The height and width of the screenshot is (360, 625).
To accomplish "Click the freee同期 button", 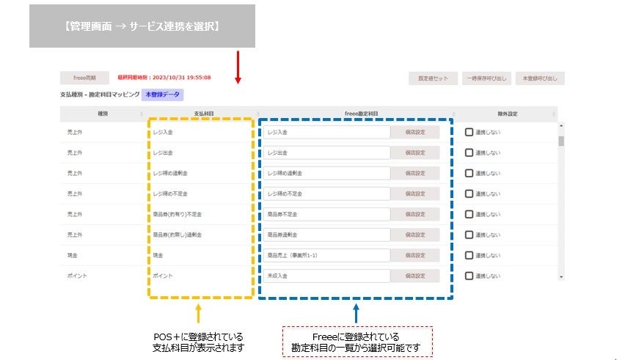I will (84, 78).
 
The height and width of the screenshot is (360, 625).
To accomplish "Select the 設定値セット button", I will (433, 78).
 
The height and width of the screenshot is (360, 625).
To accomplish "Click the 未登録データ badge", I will (163, 95).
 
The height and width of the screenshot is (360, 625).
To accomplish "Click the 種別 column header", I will (102, 114).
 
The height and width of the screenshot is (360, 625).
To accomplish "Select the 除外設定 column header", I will (507, 114).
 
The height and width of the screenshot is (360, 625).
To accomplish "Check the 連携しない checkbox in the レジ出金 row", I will (469, 153).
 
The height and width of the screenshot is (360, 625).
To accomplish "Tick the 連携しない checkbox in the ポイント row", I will (469, 276).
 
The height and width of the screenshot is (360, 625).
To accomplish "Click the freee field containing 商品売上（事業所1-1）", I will (327, 255).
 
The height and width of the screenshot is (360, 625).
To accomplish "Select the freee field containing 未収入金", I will (327, 276).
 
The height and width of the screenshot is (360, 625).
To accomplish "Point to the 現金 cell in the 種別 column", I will (72, 255).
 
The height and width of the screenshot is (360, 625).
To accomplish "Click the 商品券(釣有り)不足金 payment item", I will (178, 214).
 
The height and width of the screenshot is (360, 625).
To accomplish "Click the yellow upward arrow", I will (199, 313).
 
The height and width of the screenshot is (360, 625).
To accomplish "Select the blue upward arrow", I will (356, 313).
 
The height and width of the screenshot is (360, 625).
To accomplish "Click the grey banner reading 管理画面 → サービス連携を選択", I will (142, 26).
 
